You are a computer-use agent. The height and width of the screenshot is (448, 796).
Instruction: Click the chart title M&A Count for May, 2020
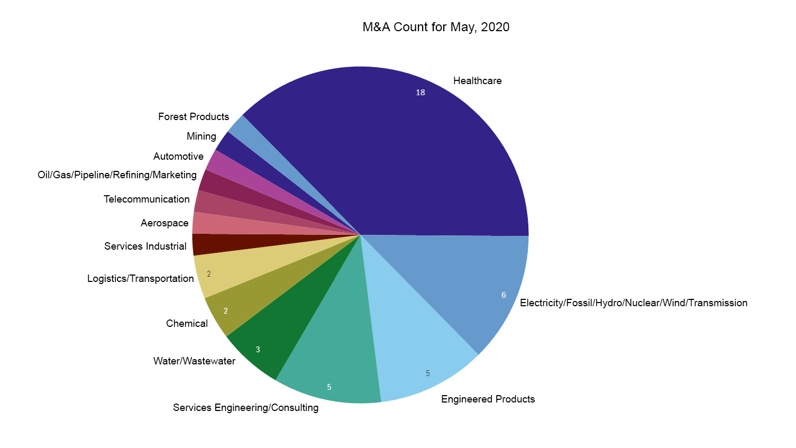tap(436, 27)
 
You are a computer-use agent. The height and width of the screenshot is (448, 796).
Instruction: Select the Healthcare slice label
tap(477, 80)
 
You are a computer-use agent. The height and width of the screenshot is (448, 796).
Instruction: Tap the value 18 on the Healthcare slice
tap(420, 93)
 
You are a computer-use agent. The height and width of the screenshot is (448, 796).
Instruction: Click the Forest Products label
tap(194, 116)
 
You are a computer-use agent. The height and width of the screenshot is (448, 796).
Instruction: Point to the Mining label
tap(201, 136)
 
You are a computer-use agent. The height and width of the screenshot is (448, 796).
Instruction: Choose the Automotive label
tap(178, 156)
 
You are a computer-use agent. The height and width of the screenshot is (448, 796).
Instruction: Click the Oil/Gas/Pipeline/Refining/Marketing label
tap(117, 175)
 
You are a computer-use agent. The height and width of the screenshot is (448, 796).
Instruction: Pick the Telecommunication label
tap(147, 199)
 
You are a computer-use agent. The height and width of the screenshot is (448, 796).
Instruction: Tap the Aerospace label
tap(164, 223)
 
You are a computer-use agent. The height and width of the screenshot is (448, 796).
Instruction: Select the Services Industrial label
tap(145, 246)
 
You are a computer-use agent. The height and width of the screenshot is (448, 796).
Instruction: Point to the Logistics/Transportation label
tap(141, 278)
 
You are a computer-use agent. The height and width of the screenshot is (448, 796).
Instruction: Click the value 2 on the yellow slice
tap(209, 274)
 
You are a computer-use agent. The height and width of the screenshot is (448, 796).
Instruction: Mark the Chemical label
tap(187, 323)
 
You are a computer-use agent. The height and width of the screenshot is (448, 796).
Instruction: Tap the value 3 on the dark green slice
tap(258, 350)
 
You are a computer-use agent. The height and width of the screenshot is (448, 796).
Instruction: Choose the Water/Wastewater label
tap(194, 361)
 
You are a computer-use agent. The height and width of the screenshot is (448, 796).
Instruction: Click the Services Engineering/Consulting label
tap(245, 407)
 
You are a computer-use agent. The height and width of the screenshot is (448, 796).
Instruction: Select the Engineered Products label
tap(488, 399)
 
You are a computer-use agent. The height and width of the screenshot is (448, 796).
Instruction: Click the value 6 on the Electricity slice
tap(504, 295)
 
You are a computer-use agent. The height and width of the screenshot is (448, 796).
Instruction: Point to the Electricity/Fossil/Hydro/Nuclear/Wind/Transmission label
tap(634, 303)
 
